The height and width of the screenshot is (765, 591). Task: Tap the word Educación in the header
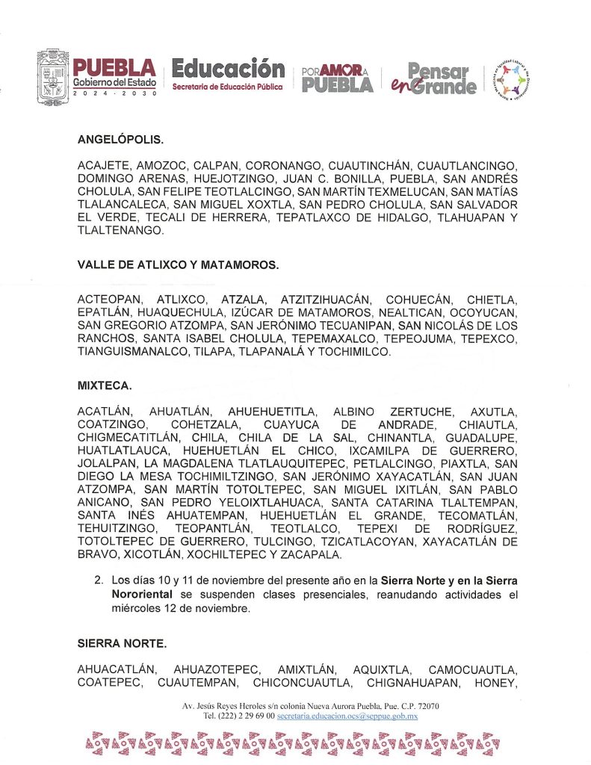coord(228,69)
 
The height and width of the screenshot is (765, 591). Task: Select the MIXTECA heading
coord(105,386)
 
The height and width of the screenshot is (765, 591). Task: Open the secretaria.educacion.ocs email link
coord(347,716)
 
